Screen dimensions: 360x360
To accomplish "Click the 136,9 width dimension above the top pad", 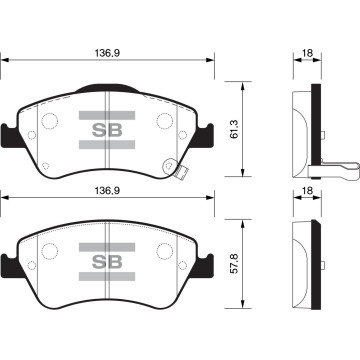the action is click(x=107, y=53).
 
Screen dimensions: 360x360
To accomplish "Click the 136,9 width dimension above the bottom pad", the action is click(x=107, y=191).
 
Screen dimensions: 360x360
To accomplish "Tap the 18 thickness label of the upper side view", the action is click(x=307, y=53).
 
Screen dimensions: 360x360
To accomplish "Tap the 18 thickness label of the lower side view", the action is click(x=307, y=191).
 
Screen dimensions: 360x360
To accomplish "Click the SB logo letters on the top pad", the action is click(x=107, y=130).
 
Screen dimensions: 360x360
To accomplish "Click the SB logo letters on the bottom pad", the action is click(x=107, y=262).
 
